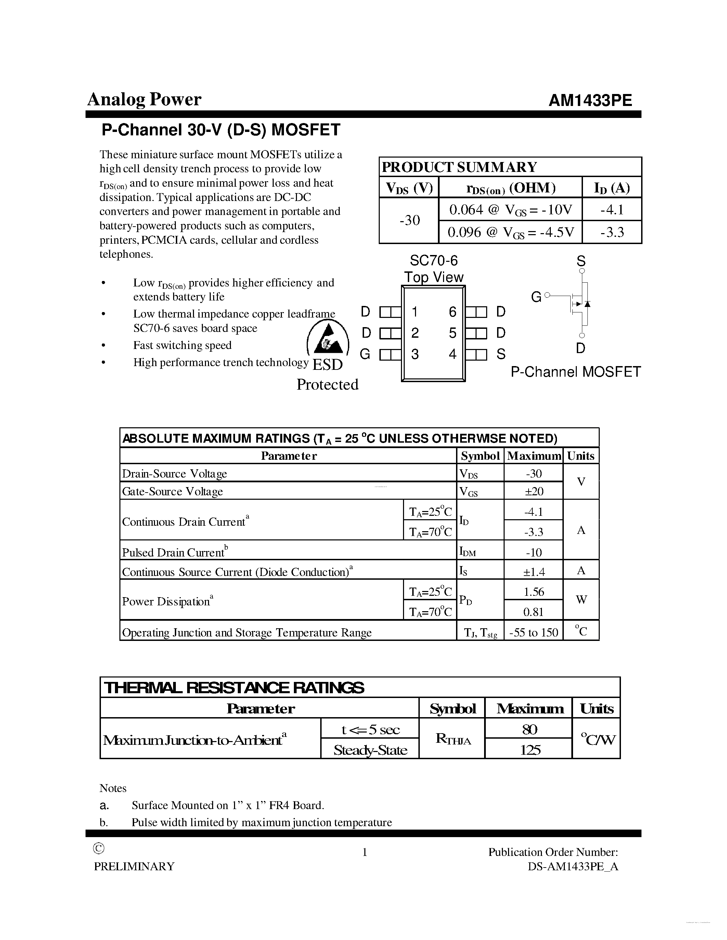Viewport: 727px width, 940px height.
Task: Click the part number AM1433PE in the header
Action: coord(590,100)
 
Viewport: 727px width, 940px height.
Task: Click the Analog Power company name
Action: coord(144,99)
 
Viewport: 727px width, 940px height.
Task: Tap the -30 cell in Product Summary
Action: coord(409,220)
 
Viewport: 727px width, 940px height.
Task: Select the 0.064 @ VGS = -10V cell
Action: coord(510,210)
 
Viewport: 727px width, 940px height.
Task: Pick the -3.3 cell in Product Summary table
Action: coord(612,232)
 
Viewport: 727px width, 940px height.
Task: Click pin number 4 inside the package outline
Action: coord(452,354)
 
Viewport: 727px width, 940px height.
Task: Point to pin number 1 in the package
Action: coord(414,312)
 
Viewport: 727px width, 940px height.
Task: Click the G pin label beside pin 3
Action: coord(365,354)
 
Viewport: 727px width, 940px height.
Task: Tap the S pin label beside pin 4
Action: coord(501,354)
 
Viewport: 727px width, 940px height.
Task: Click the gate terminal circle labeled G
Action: coord(547,295)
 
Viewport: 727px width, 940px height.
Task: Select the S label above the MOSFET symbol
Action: coord(581,261)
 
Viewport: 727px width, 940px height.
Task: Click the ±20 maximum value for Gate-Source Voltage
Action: coord(534,491)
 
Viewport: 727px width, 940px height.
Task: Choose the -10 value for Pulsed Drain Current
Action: coord(534,552)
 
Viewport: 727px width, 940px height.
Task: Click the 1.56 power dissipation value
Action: coord(534,592)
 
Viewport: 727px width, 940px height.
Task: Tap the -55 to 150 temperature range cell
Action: coord(534,632)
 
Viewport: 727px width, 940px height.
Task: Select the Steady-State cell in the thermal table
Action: coord(370,750)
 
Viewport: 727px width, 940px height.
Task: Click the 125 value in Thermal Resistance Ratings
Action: coord(529,750)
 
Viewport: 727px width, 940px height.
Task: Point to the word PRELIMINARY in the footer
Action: coord(134,867)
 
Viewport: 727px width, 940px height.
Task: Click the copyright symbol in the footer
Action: coord(99,848)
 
